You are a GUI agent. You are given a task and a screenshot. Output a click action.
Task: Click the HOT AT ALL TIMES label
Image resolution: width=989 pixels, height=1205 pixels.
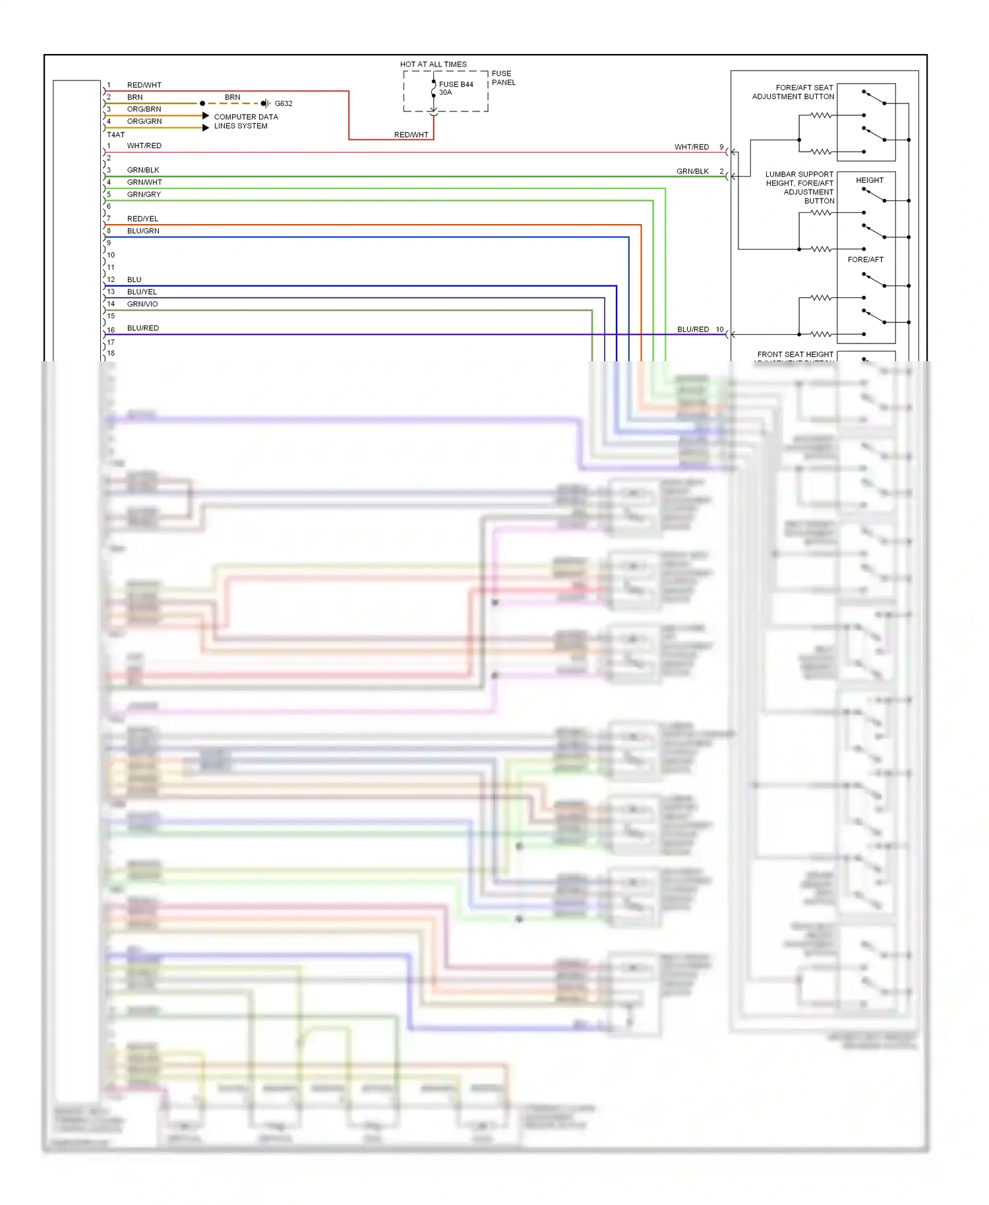click(x=433, y=64)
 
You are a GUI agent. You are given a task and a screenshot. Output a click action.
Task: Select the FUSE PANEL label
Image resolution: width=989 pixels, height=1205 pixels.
click(x=503, y=78)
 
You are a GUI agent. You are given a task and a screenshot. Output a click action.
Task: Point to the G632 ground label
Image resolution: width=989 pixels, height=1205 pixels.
click(x=284, y=103)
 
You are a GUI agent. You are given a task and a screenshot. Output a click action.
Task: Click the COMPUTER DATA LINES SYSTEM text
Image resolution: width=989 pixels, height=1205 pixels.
click(x=245, y=121)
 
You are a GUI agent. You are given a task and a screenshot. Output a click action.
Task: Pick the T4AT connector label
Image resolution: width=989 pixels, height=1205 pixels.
click(x=115, y=134)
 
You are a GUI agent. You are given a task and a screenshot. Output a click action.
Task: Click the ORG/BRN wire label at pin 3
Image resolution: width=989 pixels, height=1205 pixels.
click(x=144, y=109)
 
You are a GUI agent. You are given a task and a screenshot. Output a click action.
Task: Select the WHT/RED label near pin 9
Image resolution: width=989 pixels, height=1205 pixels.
click(x=691, y=147)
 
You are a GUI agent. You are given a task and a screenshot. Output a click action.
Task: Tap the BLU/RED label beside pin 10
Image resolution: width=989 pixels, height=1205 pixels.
click(x=693, y=329)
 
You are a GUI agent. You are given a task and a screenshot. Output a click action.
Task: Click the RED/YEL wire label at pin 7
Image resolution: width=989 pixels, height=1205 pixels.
click(x=142, y=219)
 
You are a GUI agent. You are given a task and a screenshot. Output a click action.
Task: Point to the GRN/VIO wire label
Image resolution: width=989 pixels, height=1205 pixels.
click(x=142, y=304)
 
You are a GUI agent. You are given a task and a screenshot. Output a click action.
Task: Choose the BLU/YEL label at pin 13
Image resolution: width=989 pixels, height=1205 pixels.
click(x=142, y=292)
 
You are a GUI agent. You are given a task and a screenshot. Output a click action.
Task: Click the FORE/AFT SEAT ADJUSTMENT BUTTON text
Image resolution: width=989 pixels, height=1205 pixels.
click(x=793, y=92)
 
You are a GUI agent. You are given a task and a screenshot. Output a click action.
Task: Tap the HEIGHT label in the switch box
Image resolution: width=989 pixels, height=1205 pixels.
click(x=869, y=180)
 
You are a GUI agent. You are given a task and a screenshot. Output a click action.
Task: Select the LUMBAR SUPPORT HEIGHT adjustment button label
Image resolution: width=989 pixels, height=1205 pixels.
click(x=799, y=187)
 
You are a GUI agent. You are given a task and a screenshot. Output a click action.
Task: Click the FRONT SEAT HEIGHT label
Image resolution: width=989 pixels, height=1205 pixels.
click(x=795, y=355)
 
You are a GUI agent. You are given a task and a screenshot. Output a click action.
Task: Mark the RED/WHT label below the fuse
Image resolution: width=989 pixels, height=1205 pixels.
click(x=411, y=134)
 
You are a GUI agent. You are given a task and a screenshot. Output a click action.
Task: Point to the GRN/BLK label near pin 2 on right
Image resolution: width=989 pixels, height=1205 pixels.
click(x=692, y=171)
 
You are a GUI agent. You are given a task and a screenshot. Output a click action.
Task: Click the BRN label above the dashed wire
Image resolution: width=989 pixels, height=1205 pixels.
click(x=232, y=97)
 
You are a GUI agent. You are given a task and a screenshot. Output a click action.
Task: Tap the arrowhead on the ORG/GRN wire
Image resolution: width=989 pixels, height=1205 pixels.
click(x=206, y=128)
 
